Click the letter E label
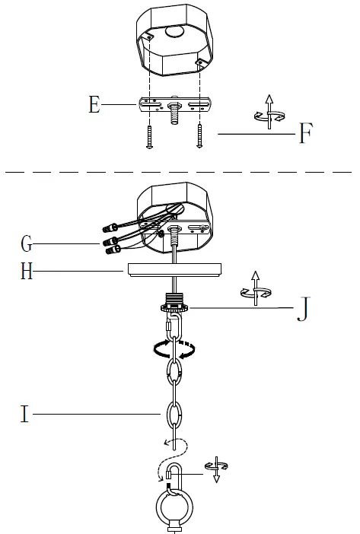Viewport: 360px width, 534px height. [x=94, y=104]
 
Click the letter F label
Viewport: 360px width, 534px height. [x=305, y=134]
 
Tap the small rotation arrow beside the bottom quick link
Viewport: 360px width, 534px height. [x=216, y=471]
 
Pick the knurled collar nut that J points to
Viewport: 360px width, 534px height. [x=176, y=307]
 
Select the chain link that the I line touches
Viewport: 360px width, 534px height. [x=176, y=416]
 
